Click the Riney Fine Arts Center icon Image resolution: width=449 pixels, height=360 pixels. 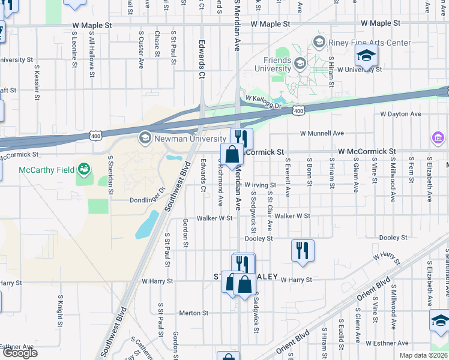click(x=318, y=43)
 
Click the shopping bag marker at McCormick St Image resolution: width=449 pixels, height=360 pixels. click(x=232, y=155)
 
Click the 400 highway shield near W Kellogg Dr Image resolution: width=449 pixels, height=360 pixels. click(x=299, y=110)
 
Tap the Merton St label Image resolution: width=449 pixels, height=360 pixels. click(x=193, y=313)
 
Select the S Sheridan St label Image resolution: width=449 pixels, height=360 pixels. click(x=111, y=175)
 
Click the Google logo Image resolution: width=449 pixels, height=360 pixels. click(x=20, y=353)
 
